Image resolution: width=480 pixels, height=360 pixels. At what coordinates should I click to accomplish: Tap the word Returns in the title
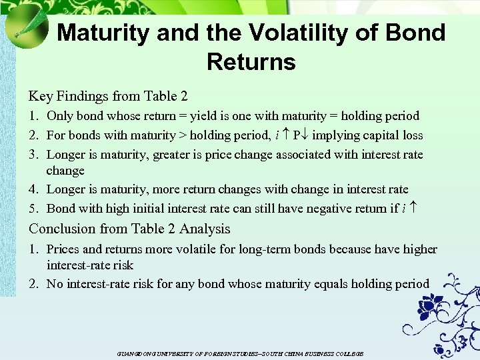tap(251, 62)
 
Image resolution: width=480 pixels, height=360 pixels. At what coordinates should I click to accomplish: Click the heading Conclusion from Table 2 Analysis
tap(129, 229)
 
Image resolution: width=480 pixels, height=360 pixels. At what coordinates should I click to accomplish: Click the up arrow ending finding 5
tap(413, 209)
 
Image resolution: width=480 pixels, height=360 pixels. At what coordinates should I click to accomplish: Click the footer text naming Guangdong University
tap(240, 353)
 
